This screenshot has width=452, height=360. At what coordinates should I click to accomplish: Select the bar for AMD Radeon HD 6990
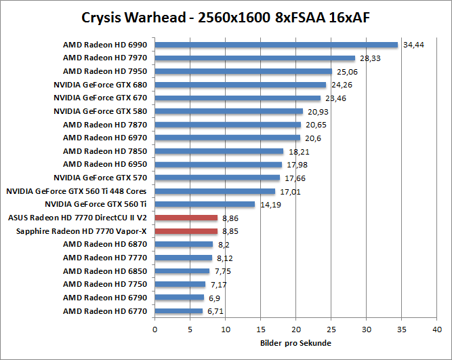[276, 45]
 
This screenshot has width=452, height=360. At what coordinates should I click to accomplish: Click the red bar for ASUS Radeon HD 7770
[186, 218]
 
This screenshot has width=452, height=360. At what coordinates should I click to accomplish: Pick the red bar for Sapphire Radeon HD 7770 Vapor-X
[186, 231]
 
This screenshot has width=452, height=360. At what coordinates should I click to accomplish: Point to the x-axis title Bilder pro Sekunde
[295, 343]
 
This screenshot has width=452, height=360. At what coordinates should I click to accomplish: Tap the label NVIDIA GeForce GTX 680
[101, 85]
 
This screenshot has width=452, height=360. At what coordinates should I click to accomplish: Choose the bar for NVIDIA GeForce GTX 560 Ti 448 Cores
[215, 191]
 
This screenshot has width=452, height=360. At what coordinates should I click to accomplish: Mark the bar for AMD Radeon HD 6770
[178, 311]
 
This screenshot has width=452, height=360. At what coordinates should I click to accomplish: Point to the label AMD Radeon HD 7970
[106, 58]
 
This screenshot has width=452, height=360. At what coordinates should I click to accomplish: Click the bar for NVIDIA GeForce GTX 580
[228, 111]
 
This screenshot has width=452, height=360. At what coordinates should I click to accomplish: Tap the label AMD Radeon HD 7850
[106, 151]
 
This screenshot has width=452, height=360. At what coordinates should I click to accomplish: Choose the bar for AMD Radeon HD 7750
[180, 284]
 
